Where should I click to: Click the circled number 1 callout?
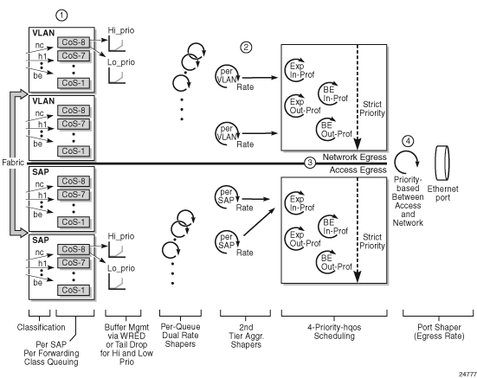click(x=61, y=16)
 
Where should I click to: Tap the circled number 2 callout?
click(x=246, y=47)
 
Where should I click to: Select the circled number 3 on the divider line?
click(x=310, y=163)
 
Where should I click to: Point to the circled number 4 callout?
click(x=408, y=141)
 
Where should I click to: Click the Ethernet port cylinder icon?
click(x=442, y=163)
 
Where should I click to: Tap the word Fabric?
click(x=12, y=163)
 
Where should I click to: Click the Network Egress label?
click(x=354, y=157)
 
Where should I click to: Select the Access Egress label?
click(x=358, y=170)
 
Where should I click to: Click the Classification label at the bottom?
click(x=41, y=327)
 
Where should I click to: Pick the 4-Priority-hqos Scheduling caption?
click(x=334, y=331)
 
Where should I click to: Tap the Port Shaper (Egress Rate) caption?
click(x=439, y=331)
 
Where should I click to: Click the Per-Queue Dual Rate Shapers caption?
click(x=180, y=335)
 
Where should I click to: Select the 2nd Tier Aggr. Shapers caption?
click(x=246, y=336)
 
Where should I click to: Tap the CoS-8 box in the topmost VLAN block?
click(x=74, y=42)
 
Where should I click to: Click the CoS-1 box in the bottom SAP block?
click(x=74, y=290)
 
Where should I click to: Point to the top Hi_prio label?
click(x=121, y=30)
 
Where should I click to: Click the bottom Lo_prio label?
click(x=121, y=268)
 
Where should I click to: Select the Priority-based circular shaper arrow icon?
click(x=407, y=163)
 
